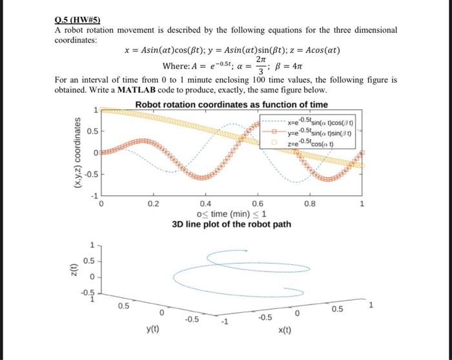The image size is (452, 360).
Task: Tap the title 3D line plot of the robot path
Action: (231, 225)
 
